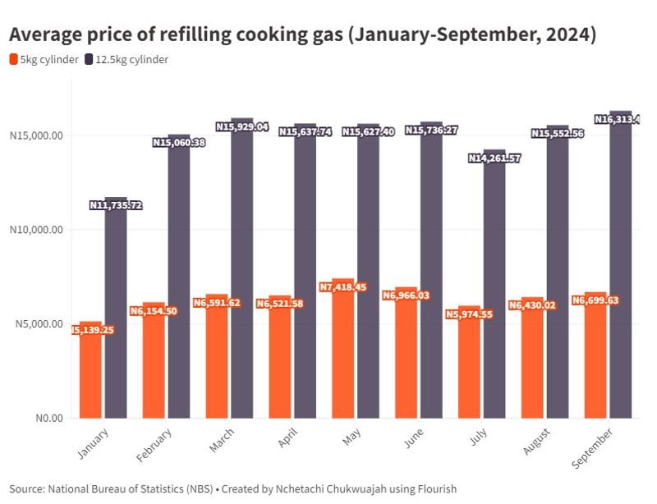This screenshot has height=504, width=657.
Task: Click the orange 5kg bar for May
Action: pos(342,361)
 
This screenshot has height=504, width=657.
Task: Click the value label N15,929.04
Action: pos(242,126)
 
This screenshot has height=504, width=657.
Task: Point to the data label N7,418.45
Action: pos(343,287)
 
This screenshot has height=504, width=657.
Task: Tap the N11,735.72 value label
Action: pos(116,205)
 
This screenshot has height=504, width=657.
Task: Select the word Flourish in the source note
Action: pos(434,488)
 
